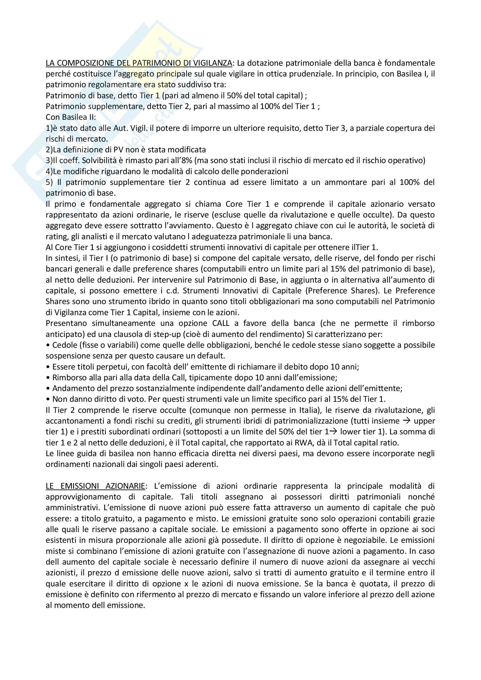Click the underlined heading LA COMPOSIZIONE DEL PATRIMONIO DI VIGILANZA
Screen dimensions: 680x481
[x=139, y=63]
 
